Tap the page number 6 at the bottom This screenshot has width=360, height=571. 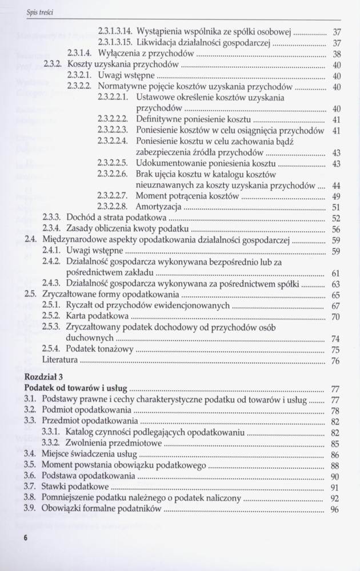coord(26,538)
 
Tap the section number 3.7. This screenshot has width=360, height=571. coord(31,487)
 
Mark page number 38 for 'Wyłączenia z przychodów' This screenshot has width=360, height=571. coord(337,54)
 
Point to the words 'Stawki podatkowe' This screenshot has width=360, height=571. coord(74,487)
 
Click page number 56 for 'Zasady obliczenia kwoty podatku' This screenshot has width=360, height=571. coord(337,229)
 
